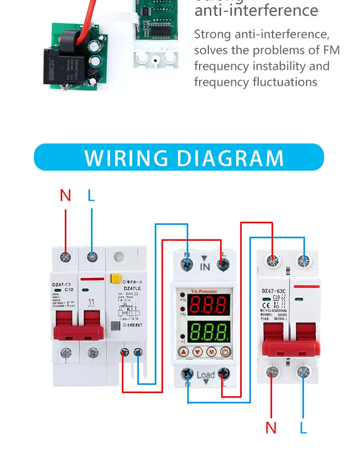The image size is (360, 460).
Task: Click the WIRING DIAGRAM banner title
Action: tap(184, 158)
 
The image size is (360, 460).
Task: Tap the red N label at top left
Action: tap(65, 196)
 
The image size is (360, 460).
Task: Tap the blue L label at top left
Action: tap(92, 196)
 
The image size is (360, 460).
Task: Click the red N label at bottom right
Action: tap(271, 428)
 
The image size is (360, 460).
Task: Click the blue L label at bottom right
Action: tap(303, 428)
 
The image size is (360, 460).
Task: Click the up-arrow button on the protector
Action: tap(184, 352)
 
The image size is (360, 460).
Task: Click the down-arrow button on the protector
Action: tap(197, 352)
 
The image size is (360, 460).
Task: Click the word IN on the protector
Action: tap(205, 267)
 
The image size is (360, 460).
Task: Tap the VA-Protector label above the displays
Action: tap(205, 292)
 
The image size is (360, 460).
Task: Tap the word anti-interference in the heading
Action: tap(256, 10)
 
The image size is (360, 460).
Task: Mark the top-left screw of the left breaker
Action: tap(65, 257)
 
